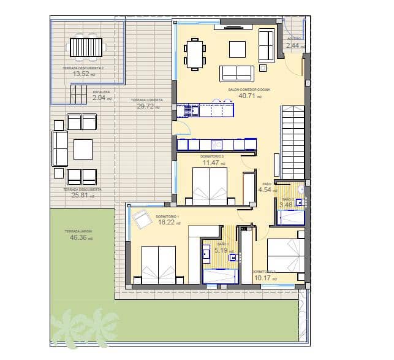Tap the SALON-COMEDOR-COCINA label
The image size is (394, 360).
click(249, 89)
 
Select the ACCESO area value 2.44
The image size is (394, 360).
click(294, 45)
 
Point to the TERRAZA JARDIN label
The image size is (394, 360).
click(78, 231)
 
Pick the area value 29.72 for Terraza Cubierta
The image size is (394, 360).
click(147, 105)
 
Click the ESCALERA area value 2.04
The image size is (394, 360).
click(100, 97)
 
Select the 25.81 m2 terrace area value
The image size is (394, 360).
click(81, 196)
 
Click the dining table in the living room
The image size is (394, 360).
click(194, 54)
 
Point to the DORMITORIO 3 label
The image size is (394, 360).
click(212, 157)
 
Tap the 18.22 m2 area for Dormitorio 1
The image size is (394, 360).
click(167, 223)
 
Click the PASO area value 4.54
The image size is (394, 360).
click(267, 190)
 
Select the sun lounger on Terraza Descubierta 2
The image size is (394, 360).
click(86, 47)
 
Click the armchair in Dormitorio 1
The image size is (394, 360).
click(142, 219)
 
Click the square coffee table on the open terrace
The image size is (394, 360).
click(83, 148)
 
